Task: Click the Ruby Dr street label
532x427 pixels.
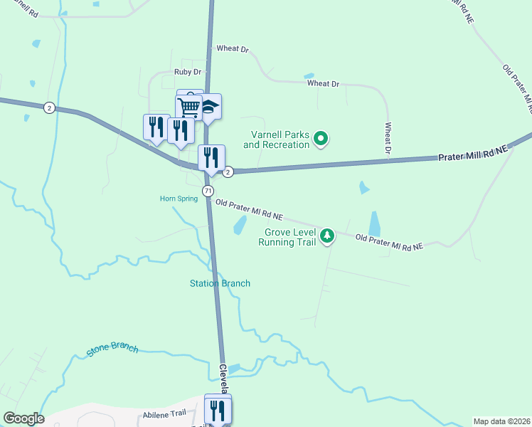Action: click(x=188, y=72)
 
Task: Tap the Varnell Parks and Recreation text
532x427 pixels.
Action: click(x=277, y=139)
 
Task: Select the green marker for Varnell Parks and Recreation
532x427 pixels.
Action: click(x=321, y=138)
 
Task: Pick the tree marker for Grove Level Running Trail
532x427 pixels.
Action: click(x=326, y=235)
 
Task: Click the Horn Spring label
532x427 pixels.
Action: click(x=179, y=199)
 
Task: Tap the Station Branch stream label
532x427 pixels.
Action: click(x=220, y=283)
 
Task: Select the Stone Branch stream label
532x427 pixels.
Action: click(x=112, y=350)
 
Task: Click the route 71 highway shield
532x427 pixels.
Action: click(x=208, y=191)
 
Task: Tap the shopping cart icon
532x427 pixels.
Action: click(x=189, y=107)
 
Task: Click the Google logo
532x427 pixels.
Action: click(x=23, y=418)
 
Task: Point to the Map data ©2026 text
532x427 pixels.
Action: click(x=502, y=421)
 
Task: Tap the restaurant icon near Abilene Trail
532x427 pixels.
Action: click(x=218, y=410)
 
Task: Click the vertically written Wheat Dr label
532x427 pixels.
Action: click(x=388, y=137)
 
